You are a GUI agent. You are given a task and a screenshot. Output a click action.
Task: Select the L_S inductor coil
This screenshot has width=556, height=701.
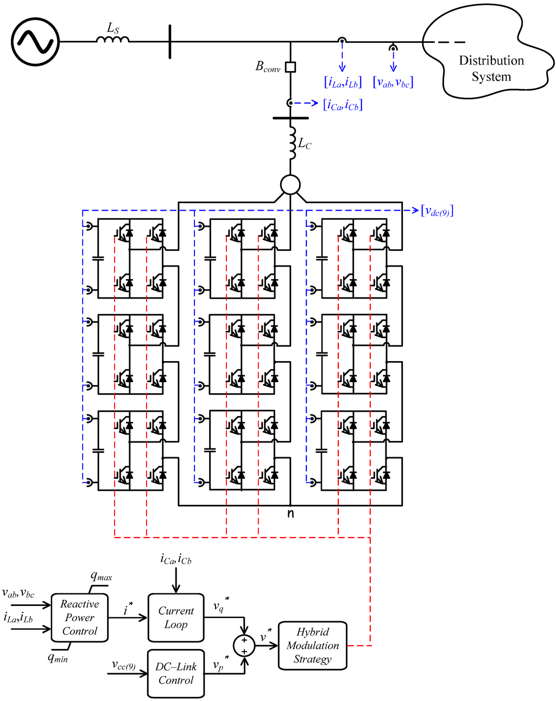click(x=113, y=39)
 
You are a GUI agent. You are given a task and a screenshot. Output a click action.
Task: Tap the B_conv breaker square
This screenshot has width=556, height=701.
click(x=290, y=67)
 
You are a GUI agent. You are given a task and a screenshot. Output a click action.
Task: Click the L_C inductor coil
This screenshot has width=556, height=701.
click(x=292, y=144)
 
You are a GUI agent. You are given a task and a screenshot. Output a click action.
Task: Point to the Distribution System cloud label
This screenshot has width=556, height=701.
click(x=491, y=68)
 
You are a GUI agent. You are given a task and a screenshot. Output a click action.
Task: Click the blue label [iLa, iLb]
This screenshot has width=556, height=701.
click(x=343, y=83)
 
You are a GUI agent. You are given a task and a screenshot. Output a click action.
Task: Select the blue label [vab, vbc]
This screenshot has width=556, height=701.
click(x=393, y=83)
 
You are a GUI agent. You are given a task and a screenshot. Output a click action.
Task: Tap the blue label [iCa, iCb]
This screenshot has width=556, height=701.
click(x=343, y=105)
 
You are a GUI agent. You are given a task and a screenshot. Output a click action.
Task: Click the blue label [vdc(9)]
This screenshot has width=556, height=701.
click(x=437, y=211)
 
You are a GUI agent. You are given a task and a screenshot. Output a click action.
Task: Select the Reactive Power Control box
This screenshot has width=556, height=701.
click(x=79, y=618)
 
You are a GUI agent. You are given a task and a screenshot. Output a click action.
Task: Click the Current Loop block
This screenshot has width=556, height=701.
click(x=175, y=618)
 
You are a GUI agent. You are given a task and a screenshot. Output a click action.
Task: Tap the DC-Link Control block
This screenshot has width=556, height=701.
click(x=175, y=673)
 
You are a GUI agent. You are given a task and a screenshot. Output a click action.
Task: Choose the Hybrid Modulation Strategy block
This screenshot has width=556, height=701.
click(x=312, y=646)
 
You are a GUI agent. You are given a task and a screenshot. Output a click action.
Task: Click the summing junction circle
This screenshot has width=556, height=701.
click(x=244, y=646)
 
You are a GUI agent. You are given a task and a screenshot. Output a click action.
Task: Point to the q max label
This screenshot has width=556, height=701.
click(x=101, y=577)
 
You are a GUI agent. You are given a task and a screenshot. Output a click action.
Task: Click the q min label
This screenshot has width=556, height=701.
click(x=58, y=658)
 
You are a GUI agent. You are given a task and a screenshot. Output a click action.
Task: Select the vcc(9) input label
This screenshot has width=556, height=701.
click(x=124, y=665)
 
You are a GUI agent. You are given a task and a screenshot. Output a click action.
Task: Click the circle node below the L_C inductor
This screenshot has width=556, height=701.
click(x=290, y=185)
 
